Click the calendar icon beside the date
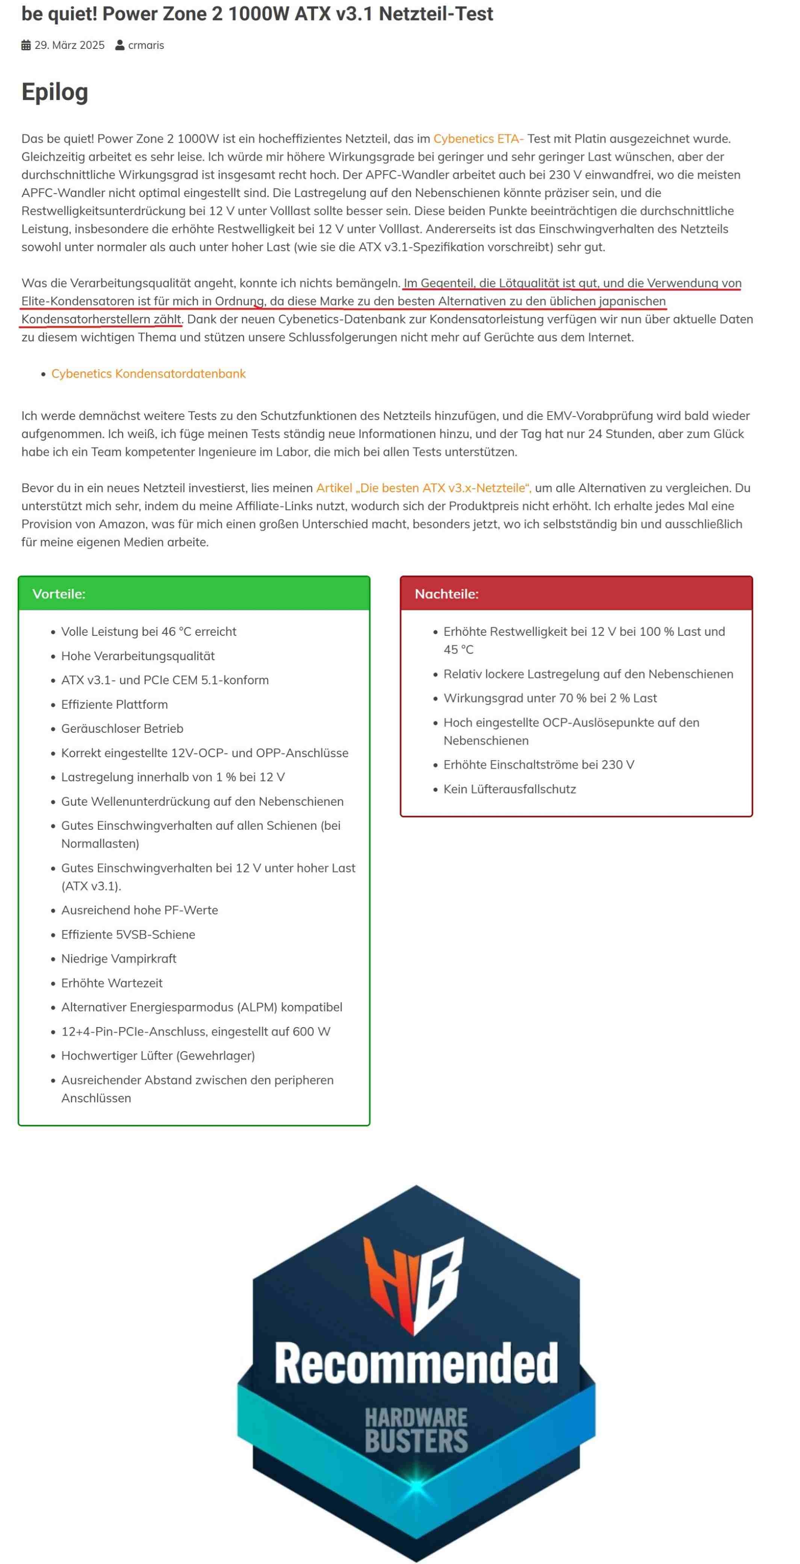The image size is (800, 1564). tap(26, 45)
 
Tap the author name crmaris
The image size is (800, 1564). tap(146, 45)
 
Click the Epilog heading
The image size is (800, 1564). tap(54, 92)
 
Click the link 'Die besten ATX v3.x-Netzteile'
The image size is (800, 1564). tap(423, 488)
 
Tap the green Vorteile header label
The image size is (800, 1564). tap(59, 594)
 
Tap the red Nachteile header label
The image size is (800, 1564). tap(446, 594)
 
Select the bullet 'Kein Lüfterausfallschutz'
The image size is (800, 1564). tap(509, 789)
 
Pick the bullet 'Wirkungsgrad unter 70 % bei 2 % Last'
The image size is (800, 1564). tap(550, 698)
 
